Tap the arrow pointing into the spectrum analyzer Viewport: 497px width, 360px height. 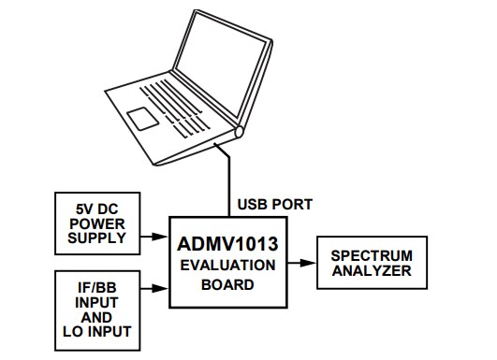[x=306, y=265]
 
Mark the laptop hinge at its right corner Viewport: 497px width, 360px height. [x=241, y=132]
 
